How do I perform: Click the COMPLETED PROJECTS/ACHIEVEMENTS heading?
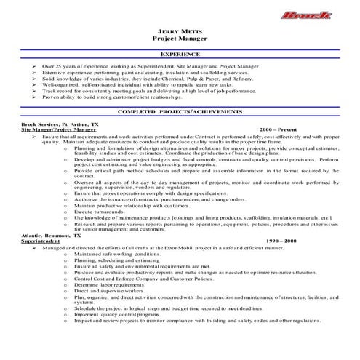[180, 111]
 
